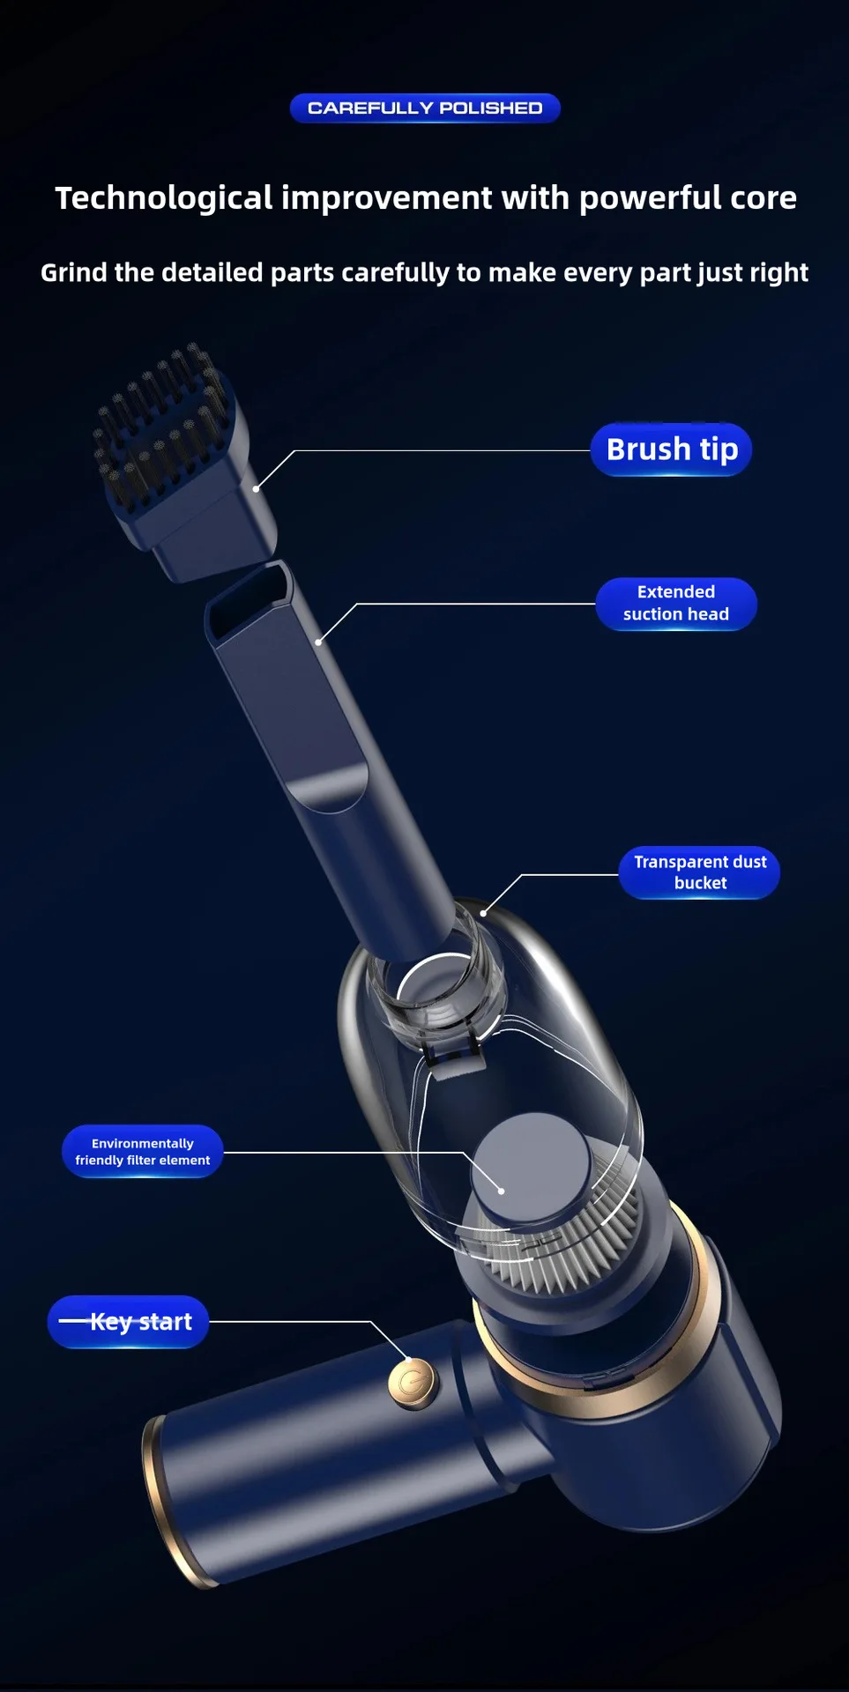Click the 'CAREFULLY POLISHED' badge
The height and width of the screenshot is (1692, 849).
(x=425, y=108)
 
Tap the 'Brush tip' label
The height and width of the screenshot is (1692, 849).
(x=671, y=449)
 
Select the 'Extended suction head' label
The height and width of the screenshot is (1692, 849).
(x=676, y=604)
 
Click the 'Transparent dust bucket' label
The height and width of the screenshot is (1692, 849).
(x=700, y=872)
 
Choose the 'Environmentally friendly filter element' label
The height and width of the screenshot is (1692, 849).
(x=142, y=1152)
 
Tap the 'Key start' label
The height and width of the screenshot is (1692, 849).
(x=128, y=1322)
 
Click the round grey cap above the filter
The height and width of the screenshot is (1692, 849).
(x=531, y=1168)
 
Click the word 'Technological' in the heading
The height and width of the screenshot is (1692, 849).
(x=164, y=198)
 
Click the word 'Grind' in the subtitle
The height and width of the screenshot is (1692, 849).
(x=74, y=273)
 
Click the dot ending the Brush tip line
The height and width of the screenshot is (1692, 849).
(x=257, y=488)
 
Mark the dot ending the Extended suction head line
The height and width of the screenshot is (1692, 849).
(x=318, y=642)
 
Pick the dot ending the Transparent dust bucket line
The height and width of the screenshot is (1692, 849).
(x=483, y=913)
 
